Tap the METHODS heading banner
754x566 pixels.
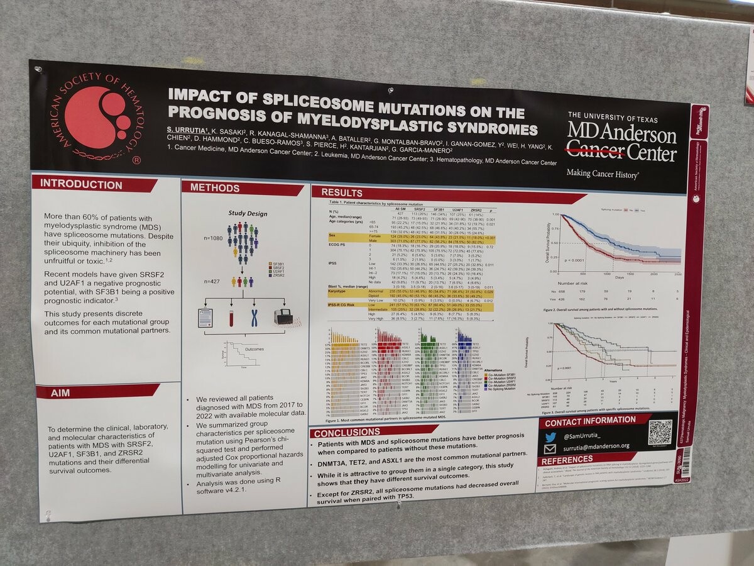pyautogui.click(x=215, y=187)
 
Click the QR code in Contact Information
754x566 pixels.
pyautogui.click(x=660, y=432)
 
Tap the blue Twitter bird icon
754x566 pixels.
pyautogui.click(x=550, y=436)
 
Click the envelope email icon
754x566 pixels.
pyautogui.click(x=550, y=449)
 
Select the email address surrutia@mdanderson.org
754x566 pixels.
pyautogui.click(x=596, y=447)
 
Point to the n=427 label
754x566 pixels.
pyautogui.click(x=212, y=281)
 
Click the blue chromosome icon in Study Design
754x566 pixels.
pyautogui.click(x=254, y=318)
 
